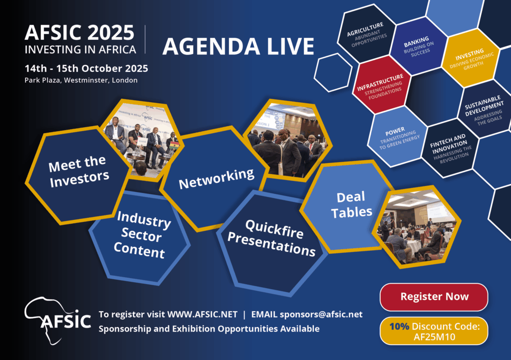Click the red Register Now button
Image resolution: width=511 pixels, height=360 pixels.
pyautogui.click(x=434, y=297)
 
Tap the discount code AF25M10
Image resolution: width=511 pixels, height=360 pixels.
pyautogui.click(x=434, y=337)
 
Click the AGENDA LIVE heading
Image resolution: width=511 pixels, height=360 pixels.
pyautogui.click(x=238, y=46)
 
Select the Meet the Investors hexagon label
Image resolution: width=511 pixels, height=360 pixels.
pyautogui.click(x=78, y=172)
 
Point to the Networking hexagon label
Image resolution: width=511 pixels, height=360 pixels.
pyautogui.click(x=217, y=179)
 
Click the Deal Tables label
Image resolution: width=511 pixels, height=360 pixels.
pyautogui.click(x=351, y=205)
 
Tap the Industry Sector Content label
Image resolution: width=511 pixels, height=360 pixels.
pyautogui.click(x=142, y=235)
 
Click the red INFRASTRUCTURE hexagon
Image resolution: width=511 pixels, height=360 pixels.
pyautogui.click(x=382, y=85)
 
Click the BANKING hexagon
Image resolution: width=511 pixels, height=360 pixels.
pyautogui.click(x=419, y=46)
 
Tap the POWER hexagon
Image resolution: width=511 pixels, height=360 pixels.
pyautogui.click(x=398, y=137)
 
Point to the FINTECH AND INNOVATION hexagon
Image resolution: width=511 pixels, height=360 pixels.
pyautogui.click(x=450, y=149)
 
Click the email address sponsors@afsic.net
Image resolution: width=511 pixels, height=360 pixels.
pyautogui.click(x=321, y=315)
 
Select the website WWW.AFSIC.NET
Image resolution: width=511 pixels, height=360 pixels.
pyautogui.click(x=202, y=315)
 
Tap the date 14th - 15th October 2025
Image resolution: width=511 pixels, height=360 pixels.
pyautogui.click(x=86, y=68)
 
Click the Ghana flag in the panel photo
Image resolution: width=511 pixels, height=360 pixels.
pyautogui.click(x=175, y=145)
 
